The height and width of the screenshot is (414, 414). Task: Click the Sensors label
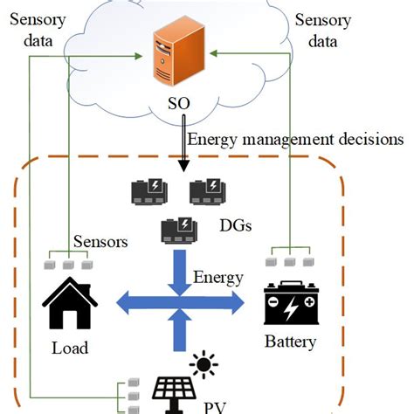click(x=102, y=241)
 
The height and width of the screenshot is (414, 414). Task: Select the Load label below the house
click(x=69, y=348)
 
